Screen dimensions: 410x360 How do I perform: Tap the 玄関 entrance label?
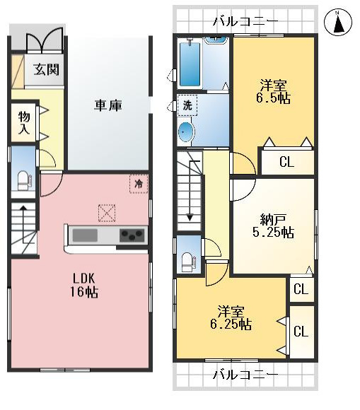[46, 70]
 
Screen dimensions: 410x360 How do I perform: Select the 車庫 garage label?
[109, 105]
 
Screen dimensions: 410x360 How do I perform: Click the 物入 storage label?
[23, 122]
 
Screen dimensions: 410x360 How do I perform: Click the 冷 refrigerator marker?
[139, 182]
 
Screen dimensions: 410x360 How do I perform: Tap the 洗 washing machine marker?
[187, 105]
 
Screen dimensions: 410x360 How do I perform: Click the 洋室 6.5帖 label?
[274, 92]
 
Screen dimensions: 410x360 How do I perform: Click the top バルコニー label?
[245, 21]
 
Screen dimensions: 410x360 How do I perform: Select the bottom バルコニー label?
[245, 374]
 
